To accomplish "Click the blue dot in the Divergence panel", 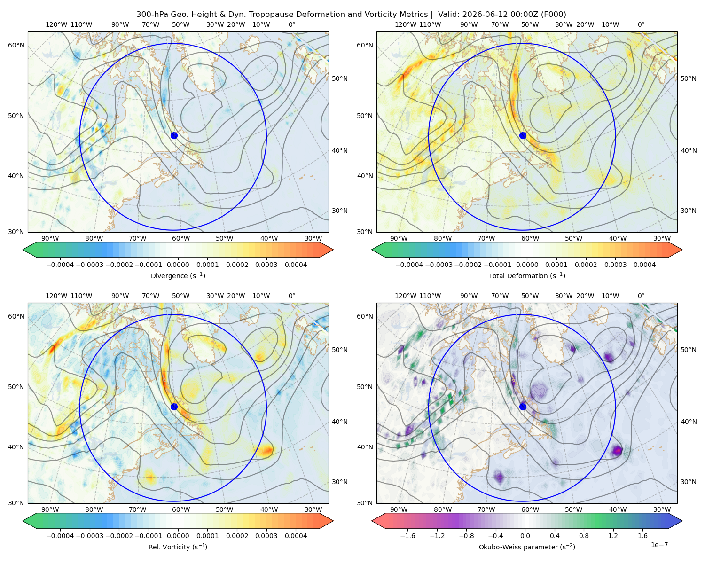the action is (174, 135).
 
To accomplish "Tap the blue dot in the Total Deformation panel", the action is (523, 135).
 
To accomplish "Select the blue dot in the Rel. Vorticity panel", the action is (174, 407).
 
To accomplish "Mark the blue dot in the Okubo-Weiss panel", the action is (523, 407).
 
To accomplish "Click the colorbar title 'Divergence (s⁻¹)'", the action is (178, 275).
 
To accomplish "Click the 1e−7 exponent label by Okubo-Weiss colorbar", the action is (659, 545).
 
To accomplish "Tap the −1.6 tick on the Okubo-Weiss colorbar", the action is (408, 536).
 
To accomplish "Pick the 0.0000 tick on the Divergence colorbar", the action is (178, 265).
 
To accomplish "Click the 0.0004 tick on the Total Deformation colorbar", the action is (645, 265).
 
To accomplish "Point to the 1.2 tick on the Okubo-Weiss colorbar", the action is (613, 536).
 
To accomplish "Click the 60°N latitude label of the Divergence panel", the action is (16, 45).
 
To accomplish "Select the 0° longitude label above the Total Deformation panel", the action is (641, 24).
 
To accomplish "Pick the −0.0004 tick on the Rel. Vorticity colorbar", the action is (60, 536).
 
